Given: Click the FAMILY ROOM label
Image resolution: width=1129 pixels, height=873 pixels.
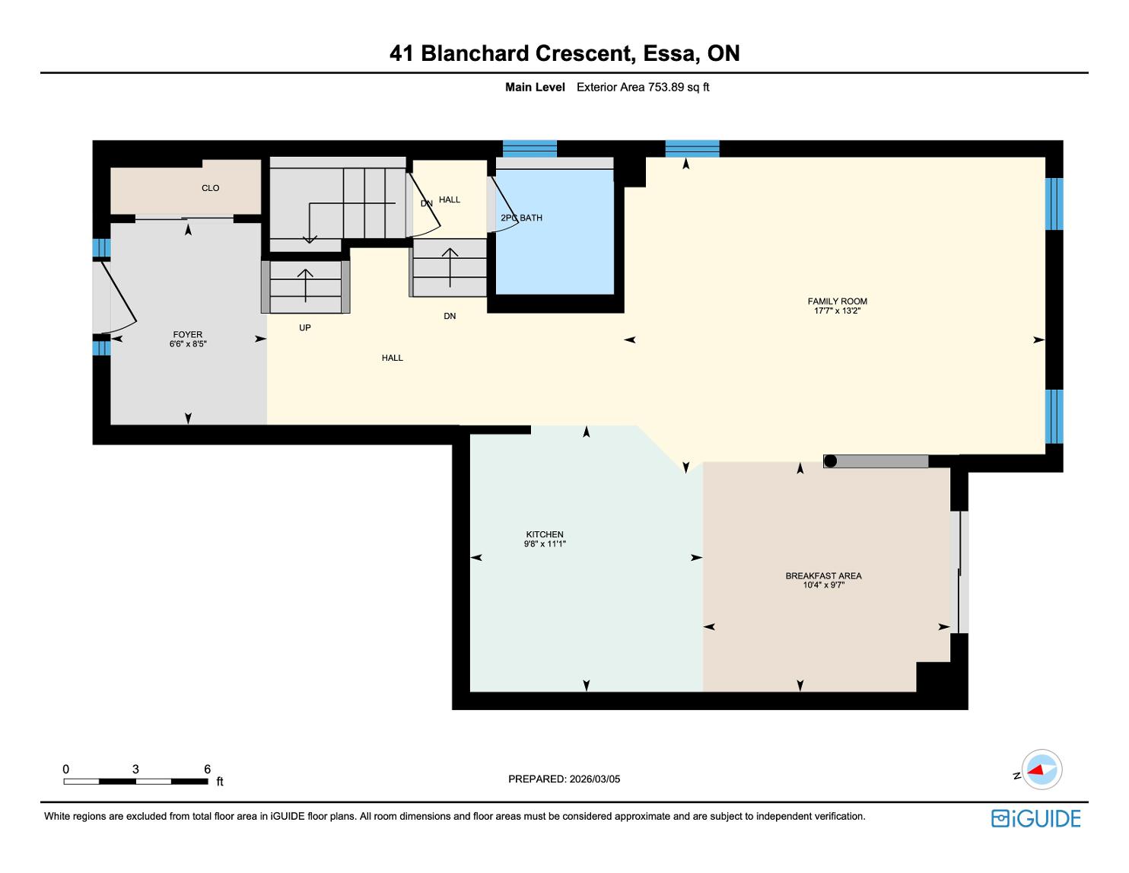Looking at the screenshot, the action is tap(837, 301).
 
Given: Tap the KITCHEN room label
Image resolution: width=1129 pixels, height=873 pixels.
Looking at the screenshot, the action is tap(545, 534).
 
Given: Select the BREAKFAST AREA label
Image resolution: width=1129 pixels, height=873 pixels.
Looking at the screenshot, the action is tap(823, 575).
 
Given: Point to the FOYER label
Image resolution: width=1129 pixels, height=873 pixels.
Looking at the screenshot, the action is tap(188, 335).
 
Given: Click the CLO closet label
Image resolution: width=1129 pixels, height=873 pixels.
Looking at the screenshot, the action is tap(211, 188).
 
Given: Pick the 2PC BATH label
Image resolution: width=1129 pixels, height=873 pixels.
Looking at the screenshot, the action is tap(521, 218).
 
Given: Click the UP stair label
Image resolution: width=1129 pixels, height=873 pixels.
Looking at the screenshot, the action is tap(305, 328).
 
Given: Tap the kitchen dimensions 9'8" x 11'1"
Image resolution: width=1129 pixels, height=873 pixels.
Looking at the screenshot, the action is tap(545, 544).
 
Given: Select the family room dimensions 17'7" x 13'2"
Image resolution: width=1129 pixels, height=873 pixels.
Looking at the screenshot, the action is tap(837, 311).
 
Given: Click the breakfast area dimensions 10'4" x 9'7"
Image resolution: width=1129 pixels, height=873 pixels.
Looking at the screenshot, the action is tap(823, 585).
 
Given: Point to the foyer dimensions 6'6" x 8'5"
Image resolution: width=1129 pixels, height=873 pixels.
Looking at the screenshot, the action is tap(188, 344).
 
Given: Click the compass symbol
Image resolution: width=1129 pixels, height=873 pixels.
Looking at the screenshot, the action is tap(1042, 769).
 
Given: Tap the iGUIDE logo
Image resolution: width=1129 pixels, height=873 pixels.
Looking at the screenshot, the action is tap(1035, 818).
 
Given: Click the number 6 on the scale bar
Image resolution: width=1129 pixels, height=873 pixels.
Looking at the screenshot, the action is tap(207, 769).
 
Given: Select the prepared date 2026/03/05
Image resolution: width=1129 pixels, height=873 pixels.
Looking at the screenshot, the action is tap(594, 779).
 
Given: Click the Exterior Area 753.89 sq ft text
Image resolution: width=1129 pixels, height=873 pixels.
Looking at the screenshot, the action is tap(643, 88).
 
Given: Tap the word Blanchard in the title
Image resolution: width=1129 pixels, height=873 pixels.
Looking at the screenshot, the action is tap(475, 53).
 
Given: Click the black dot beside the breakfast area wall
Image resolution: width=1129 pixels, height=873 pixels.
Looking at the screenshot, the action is tap(830, 461).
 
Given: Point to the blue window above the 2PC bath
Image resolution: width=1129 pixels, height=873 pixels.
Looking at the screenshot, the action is tap(530, 148).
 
